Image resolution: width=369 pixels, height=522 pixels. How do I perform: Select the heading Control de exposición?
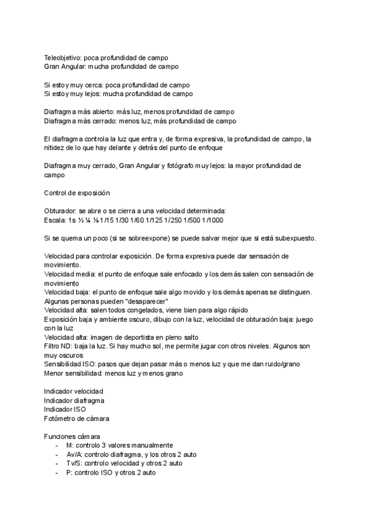click(77, 193)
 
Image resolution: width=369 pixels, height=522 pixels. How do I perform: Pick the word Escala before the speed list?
click(55, 220)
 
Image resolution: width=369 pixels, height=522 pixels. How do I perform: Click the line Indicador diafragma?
click(74, 400)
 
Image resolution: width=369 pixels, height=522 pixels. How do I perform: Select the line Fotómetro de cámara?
click(77, 419)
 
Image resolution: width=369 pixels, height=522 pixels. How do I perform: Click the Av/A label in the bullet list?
click(74, 454)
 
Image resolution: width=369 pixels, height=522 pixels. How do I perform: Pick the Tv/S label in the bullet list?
click(74, 463)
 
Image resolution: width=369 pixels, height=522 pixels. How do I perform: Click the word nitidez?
click(56, 148)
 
